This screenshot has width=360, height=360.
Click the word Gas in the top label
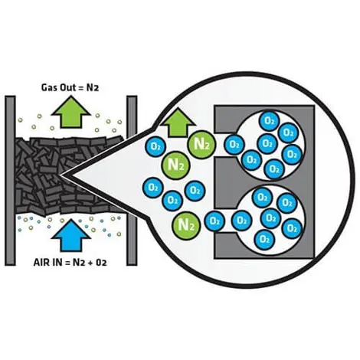tap(49, 87)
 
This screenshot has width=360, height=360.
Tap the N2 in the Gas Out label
tap(92, 87)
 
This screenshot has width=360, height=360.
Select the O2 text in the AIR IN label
tap(101, 262)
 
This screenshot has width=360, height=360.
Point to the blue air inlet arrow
tap(71, 235)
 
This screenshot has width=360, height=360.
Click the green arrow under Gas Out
tap(71, 112)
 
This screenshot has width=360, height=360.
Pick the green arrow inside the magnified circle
tap(178, 122)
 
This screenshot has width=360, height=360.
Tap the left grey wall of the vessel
tap(10, 181)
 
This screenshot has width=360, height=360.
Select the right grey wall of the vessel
tap(132, 181)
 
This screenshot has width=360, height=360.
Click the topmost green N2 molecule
tap(201, 145)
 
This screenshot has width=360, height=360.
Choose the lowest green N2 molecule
tap(186, 224)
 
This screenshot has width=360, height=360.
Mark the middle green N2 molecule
tap(175, 165)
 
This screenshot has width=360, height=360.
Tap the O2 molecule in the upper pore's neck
tap(234, 145)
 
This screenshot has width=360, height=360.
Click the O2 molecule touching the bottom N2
tap(214, 221)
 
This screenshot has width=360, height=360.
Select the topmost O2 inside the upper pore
tap(269, 121)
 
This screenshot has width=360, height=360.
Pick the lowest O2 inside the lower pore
tap(265, 240)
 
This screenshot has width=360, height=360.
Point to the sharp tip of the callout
tap(61, 175)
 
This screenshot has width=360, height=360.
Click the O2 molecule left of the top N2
tap(155, 146)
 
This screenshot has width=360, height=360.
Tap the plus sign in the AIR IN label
tap(90, 263)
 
